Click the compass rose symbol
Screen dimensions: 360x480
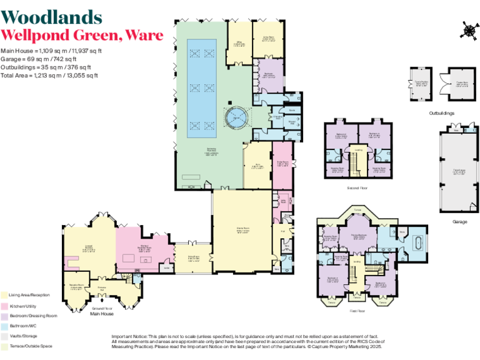(x=467, y=29)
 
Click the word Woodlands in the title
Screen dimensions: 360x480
(x=51, y=17)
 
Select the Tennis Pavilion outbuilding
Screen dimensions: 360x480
(x=421, y=82)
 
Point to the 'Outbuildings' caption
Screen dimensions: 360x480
(x=441, y=113)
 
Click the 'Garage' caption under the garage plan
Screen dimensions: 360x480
(x=459, y=221)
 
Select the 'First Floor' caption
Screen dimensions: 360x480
(x=357, y=309)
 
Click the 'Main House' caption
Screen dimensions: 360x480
(x=101, y=314)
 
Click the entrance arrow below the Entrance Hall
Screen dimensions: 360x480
(x=101, y=299)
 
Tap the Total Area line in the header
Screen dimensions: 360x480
(x=49, y=75)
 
